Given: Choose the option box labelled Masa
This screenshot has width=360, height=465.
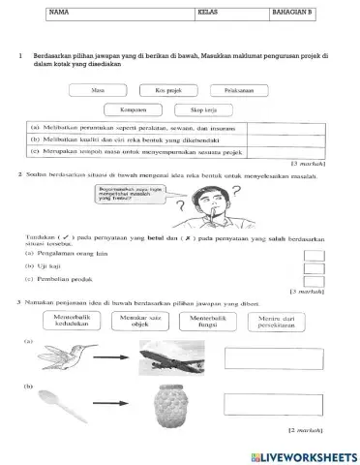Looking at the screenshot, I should [97, 89].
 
